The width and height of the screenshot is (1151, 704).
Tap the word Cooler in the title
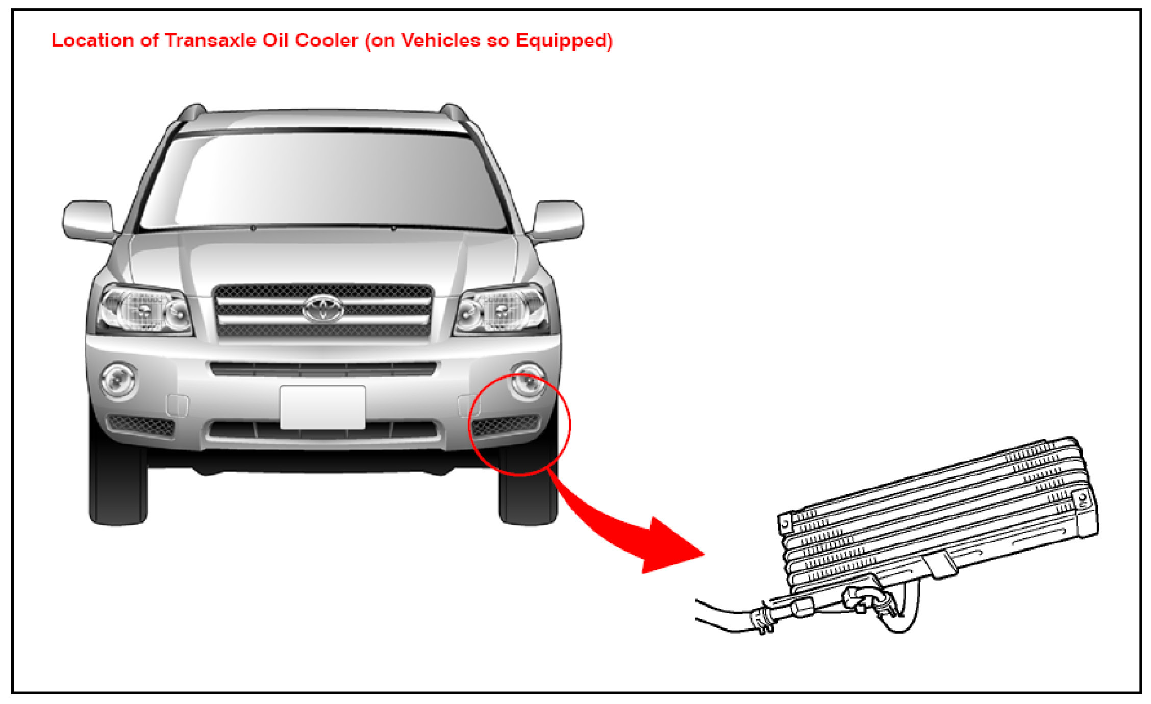[326, 40]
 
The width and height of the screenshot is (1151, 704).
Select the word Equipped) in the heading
[564, 41]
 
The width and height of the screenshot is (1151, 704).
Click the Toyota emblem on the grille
[323, 309]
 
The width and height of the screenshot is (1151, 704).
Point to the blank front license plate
[322, 407]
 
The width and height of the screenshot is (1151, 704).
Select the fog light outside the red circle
[118, 380]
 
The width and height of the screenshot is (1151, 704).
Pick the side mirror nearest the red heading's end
[558, 220]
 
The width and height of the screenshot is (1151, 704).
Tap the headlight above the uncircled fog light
[144, 310]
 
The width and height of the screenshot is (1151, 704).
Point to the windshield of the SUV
[322, 181]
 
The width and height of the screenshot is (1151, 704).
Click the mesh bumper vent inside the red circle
[505, 424]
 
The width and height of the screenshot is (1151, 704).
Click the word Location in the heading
[92, 40]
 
